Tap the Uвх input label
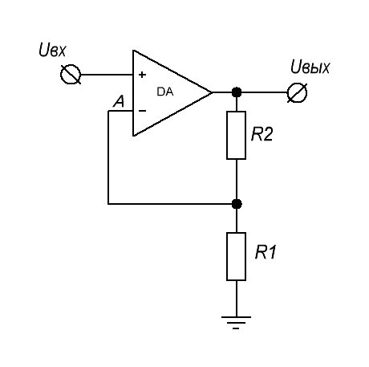click(x=52, y=51)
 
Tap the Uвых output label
click(x=310, y=67)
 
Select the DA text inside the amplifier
click(x=165, y=92)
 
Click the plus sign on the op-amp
click(x=142, y=75)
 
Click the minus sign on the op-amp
click(x=143, y=111)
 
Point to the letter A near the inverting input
click(x=119, y=102)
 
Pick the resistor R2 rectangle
click(x=237, y=135)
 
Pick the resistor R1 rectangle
click(x=237, y=256)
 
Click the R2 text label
click(x=262, y=134)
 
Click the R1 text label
click(x=266, y=252)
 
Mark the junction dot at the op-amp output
click(x=237, y=92)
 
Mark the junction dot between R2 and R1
click(x=237, y=204)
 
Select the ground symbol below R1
click(x=236, y=322)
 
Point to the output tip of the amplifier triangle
click(x=213, y=92)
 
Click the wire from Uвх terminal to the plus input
click(x=107, y=75)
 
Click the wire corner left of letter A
click(x=108, y=111)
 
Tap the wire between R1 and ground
click(x=237, y=299)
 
